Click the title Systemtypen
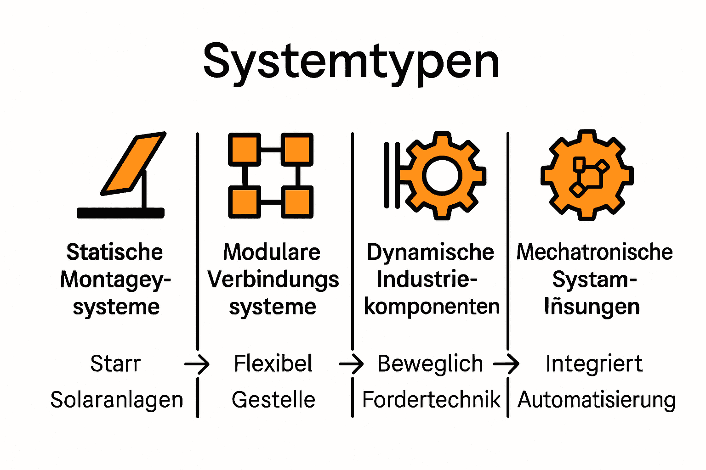coord(351,62)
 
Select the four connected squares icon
coord(271,175)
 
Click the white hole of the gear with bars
coord(442,176)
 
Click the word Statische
coord(114,252)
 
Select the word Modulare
coord(272,252)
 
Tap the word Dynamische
coord(430,252)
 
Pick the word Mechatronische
coord(594,252)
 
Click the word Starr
coord(115,364)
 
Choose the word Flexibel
coord(273,364)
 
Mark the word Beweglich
coord(430,364)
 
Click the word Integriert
coord(594,364)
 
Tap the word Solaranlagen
coord(117,400)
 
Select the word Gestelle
coord(273,400)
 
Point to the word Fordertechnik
coord(431,400)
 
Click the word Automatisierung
coord(596,400)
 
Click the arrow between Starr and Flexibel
coord(197,364)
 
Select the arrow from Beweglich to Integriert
coord(507,364)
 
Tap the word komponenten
coord(432,307)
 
